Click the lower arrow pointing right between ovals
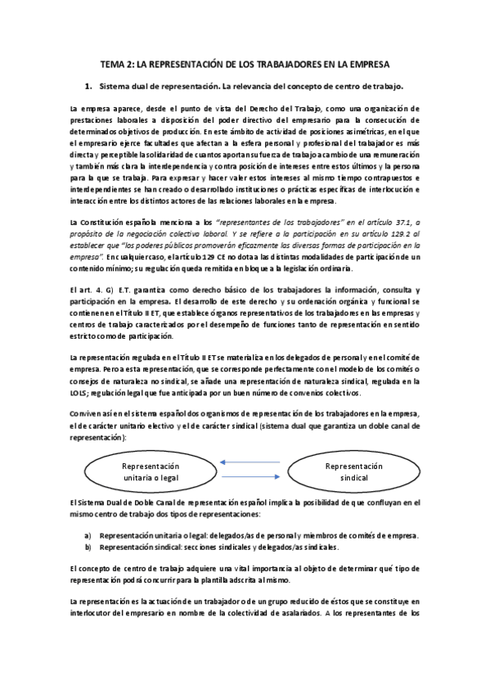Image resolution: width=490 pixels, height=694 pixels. click(x=249, y=480)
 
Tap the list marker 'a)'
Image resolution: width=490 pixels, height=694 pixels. click(x=88, y=534)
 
